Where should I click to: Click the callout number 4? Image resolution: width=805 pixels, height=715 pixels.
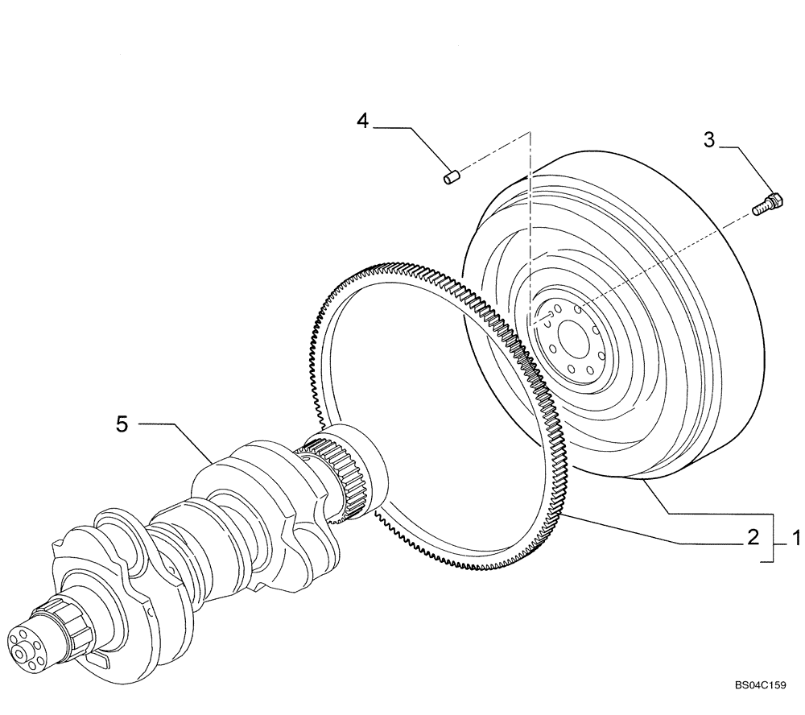[x=363, y=121]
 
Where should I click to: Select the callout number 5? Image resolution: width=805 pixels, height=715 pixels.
[x=122, y=424]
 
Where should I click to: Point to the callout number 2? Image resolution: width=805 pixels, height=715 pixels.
[x=753, y=538]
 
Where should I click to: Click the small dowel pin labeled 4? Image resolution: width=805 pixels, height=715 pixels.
[x=452, y=176]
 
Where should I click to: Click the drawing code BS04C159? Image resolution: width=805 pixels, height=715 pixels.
[x=759, y=685]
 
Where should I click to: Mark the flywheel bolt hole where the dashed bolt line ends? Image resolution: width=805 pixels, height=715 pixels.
[x=579, y=310]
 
